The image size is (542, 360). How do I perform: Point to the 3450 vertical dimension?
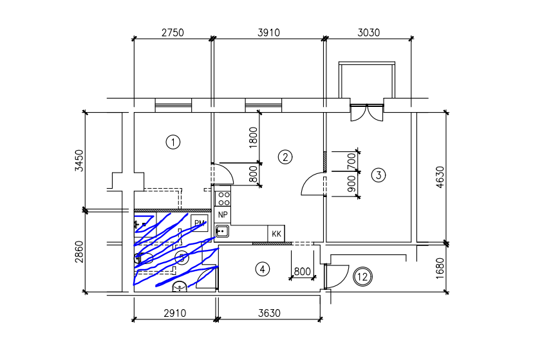[x=79, y=161]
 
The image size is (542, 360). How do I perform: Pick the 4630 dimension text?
[x=440, y=178]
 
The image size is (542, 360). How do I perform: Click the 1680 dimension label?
[x=440, y=268]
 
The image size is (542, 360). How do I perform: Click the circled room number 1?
[x=172, y=142]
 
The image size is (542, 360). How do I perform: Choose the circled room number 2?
[x=285, y=156]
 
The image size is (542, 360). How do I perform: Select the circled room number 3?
[x=378, y=175]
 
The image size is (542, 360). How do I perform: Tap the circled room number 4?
[x=261, y=269]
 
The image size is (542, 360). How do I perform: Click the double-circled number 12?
[x=363, y=277]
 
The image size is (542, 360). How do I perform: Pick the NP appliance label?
[x=223, y=214]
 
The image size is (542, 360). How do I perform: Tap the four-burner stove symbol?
[x=223, y=196]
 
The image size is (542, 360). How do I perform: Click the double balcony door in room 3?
[x=366, y=112]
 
